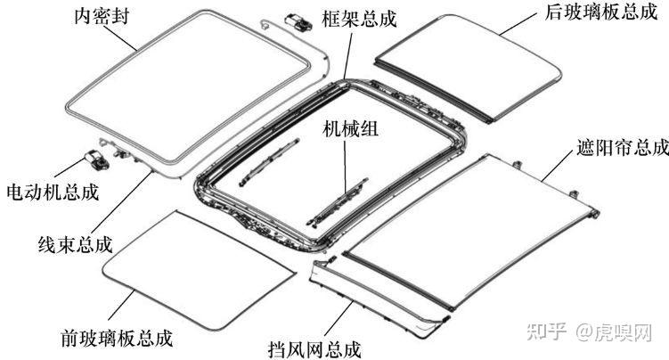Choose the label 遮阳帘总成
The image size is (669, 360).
613,145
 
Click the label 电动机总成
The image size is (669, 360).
53,192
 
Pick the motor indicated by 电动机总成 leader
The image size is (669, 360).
94,158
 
